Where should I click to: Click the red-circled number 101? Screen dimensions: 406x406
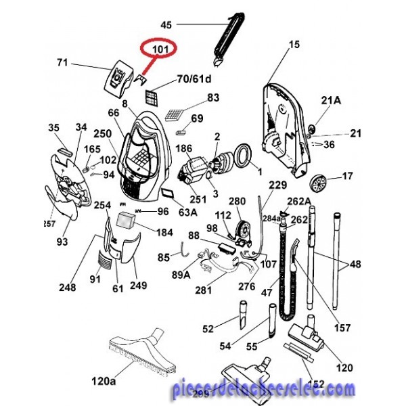coord(159,50)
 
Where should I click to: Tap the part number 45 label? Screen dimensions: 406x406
coord(166,25)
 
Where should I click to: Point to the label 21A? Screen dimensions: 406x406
coord(331,101)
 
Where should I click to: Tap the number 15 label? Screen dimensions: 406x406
coord(294,45)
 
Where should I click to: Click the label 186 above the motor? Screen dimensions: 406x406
coord(183,148)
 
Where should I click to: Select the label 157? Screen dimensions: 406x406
coord(344,328)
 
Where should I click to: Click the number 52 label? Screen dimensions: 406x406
coord(208,330)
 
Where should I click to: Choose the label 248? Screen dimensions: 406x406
coord(67,288)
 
